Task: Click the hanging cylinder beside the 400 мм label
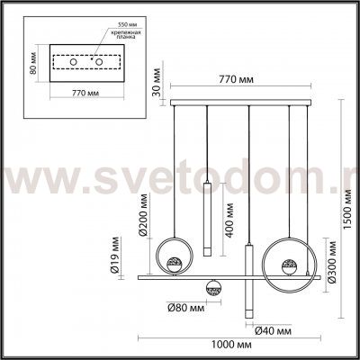click(x=206, y=218)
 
